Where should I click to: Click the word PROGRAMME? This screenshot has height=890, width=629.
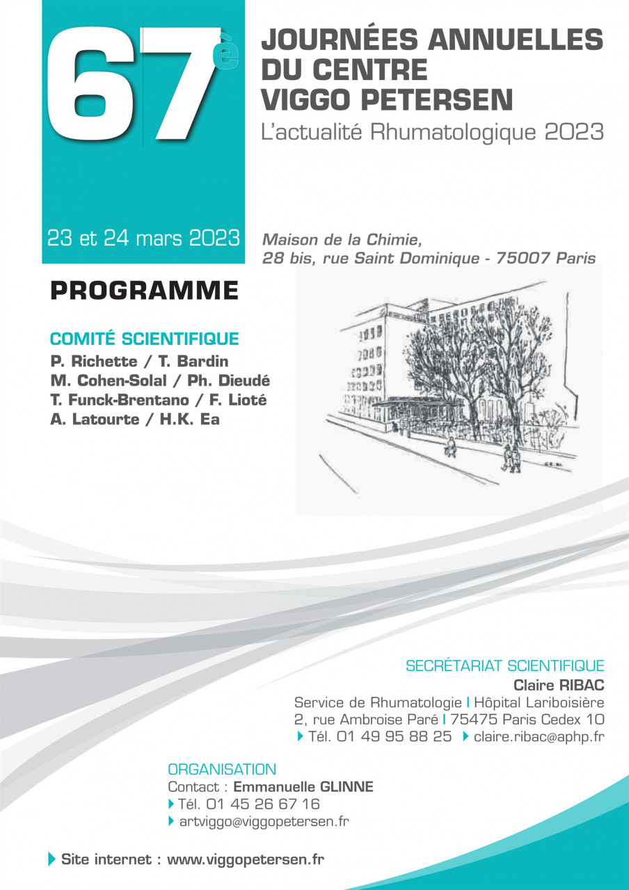(x=144, y=290)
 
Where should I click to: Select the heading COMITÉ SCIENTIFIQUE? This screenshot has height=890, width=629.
(x=144, y=339)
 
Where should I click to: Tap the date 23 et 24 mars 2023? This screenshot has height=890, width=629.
(x=143, y=238)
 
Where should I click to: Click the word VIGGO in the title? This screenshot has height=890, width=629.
(x=303, y=99)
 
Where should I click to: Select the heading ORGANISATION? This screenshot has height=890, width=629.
(x=222, y=770)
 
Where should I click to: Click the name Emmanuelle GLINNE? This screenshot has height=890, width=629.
(x=303, y=787)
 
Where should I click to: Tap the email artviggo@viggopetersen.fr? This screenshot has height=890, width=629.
(x=263, y=822)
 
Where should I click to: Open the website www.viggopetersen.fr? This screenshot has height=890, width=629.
(x=246, y=859)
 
